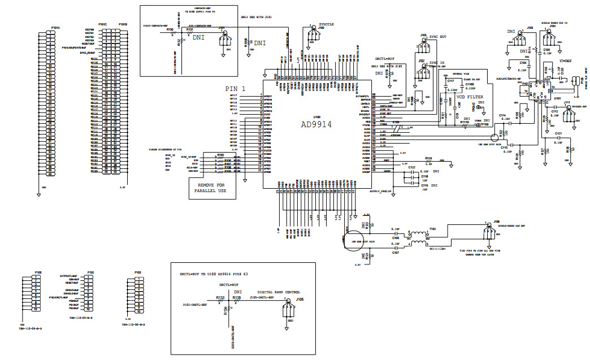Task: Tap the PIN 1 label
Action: click(236, 89)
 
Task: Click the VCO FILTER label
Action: click(470, 97)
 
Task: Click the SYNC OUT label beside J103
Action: click(437, 37)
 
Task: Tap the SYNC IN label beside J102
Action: click(437, 63)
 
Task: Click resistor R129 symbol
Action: click(429, 162)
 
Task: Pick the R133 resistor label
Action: click(220, 297)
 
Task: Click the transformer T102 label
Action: click(432, 229)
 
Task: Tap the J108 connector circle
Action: click(488, 231)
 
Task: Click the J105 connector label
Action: click(300, 300)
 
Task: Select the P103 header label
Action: click(137, 272)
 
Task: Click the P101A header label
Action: click(55, 27)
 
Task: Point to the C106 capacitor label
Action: click(396, 238)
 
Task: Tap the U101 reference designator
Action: click(557, 98)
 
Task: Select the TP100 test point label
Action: click(484, 124)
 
